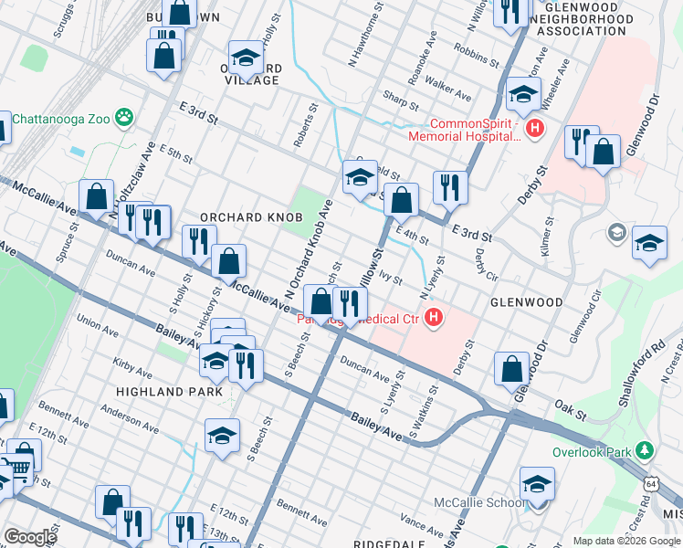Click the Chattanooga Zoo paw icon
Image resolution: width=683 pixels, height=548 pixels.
click(x=124, y=117)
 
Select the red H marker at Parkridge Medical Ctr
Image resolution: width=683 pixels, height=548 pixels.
click(x=435, y=318)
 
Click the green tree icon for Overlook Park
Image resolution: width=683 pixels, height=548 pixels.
click(x=645, y=451)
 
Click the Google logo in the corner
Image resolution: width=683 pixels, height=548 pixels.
click(x=29, y=536)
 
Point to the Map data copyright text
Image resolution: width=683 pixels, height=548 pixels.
click(x=625, y=541)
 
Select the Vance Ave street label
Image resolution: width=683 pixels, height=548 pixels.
click(x=422, y=524)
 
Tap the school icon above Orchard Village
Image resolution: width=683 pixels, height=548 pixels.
click(x=245, y=58)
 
